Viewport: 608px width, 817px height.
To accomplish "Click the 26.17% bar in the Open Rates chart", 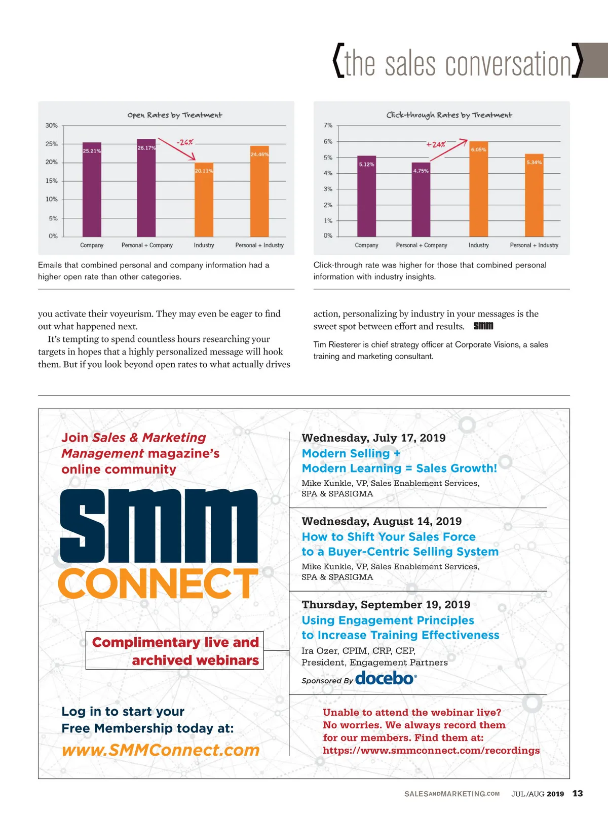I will (x=146, y=187).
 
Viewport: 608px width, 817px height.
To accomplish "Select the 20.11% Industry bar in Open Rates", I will (x=204, y=200).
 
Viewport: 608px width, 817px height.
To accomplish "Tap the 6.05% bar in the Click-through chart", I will (x=478, y=189).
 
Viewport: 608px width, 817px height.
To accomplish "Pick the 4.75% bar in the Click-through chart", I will (x=421, y=200).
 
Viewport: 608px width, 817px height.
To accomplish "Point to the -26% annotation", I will (x=185, y=142).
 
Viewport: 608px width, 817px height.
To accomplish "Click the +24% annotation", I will (x=436, y=144).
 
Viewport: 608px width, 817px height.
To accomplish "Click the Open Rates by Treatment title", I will (x=175, y=115).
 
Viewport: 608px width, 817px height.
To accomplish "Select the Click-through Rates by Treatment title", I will (x=449, y=115).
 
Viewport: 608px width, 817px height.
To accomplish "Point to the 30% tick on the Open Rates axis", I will (x=52, y=125).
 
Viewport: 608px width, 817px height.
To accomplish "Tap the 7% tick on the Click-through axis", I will (x=328, y=125).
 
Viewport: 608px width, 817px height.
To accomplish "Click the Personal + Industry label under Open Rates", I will (x=259, y=245).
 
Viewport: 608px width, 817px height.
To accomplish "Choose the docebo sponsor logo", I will (x=386, y=678).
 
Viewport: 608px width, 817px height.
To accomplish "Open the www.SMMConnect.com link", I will (x=161, y=750).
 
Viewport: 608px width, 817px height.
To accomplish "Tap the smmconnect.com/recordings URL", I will (x=431, y=750).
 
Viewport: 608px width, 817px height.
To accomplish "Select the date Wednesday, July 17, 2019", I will (x=373, y=438).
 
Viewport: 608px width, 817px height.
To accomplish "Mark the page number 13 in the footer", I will (x=578, y=793).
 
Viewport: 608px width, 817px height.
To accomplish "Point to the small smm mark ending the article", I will (x=483, y=326).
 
